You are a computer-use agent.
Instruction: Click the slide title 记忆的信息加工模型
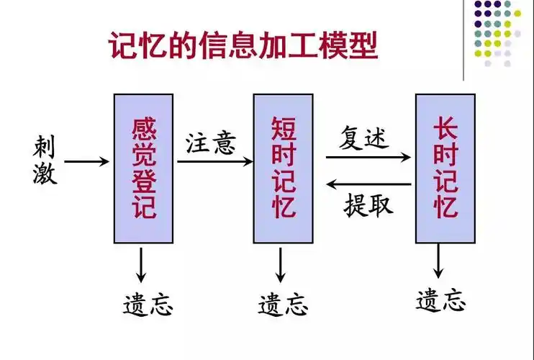(243, 48)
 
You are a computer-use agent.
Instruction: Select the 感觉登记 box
(144, 168)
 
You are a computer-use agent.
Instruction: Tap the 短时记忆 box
(283, 168)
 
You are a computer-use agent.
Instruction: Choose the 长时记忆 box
(445, 168)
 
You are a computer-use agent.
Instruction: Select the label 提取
(368, 205)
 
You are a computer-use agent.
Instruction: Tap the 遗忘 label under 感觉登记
(148, 303)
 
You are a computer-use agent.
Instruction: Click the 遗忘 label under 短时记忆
(283, 303)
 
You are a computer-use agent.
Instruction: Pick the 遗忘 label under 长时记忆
(441, 298)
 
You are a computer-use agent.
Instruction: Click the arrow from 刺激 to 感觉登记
(87, 162)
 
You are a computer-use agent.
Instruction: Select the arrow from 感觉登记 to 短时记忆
(214, 162)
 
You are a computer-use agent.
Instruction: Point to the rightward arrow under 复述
(368, 156)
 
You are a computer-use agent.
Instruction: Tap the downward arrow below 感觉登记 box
(142, 264)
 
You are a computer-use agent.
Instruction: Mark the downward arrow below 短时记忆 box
(281, 264)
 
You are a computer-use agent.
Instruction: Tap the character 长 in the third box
(445, 130)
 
